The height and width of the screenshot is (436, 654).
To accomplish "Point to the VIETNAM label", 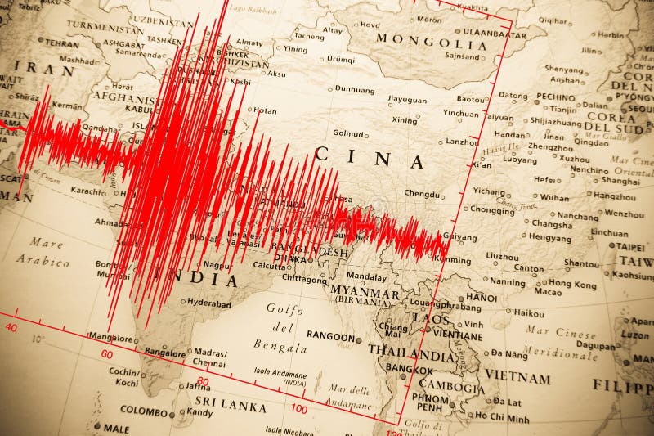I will (x=517, y=378).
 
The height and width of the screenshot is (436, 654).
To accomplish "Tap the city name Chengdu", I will (x=422, y=194).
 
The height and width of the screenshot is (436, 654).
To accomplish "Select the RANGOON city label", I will (x=330, y=336).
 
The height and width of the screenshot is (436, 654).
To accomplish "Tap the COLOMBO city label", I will (x=145, y=409).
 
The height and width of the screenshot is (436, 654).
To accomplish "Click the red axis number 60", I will (x=107, y=354).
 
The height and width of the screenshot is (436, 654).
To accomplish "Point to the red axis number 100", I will (x=299, y=408).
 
